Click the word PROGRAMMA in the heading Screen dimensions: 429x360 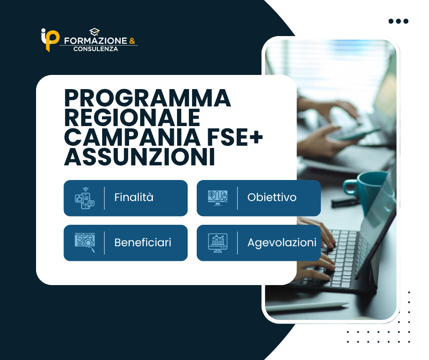pyautogui.click(x=147, y=98)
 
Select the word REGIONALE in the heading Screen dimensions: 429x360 pyautogui.click(x=132, y=117)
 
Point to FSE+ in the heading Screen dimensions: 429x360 pyautogui.click(x=235, y=137)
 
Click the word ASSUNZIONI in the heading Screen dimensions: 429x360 pyautogui.click(x=140, y=157)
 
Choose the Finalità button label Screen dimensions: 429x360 pyautogui.click(x=134, y=197)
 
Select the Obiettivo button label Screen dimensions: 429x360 pyautogui.click(x=272, y=197)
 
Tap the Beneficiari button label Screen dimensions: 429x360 pyautogui.click(x=143, y=243)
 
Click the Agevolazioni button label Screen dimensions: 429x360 pyautogui.click(x=282, y=243)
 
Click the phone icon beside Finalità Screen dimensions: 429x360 pyautogui.click(x=85, y=198)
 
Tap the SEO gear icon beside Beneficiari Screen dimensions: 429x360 pyautogui.click(x=85, y=243)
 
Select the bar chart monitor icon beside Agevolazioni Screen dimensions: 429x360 pyautogui.click(x=218, y=243)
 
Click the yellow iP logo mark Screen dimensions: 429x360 pyautogui.click(x=50, y=40)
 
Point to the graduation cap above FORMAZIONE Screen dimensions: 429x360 pyautogui.click(x=94, y=32)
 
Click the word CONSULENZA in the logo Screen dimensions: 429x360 pyautogui.click(x=96, y=49)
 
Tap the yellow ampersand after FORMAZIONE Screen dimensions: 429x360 pyautogui.click(x=132, y=41)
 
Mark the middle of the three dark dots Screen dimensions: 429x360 pyautogui.click(x=398, y=21)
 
